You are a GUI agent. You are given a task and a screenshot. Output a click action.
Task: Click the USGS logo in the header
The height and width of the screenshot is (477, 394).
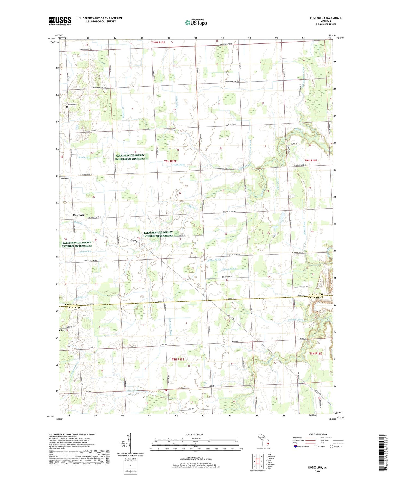click(x=60, y=21)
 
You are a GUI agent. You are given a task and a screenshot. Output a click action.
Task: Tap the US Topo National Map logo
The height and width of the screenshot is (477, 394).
click(x=196, y=22)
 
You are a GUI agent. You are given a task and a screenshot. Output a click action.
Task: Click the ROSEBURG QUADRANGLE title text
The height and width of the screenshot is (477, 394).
click(x=326, y=18)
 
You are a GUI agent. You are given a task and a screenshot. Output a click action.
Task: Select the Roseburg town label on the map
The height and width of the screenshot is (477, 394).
click(x=79, y=215)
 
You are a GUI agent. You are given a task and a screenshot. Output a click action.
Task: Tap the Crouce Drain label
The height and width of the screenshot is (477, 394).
click(x=178, y=165)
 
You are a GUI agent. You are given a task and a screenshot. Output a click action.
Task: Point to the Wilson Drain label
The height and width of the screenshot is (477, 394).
click(x=229, y=269)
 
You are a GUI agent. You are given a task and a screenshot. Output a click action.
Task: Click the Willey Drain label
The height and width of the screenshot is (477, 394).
click(x=214, y=260)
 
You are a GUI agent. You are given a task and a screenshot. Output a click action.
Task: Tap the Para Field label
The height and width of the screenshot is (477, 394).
click(x=65, y=178)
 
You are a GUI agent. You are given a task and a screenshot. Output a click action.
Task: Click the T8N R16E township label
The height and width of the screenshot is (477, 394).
click(x=315, y=354)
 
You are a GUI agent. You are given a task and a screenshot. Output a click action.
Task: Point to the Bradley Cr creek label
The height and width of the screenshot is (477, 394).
click(x=84, y=157)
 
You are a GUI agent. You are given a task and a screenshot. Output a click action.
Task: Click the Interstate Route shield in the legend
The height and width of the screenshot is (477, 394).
click(x=296, y=446)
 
